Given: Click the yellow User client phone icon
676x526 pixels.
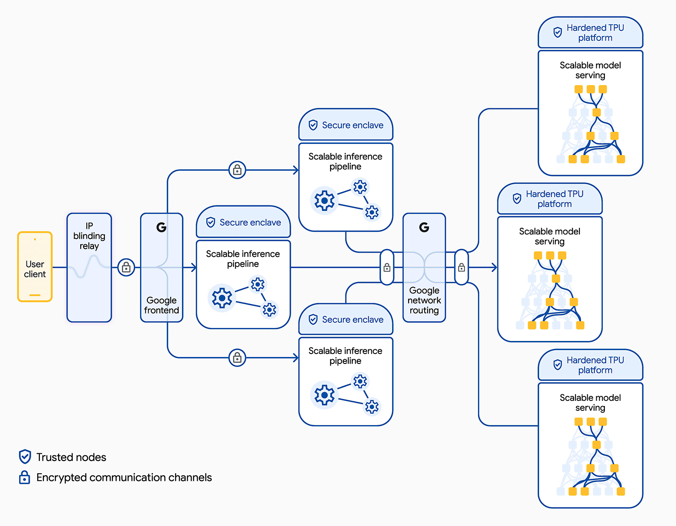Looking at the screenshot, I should (35, 267).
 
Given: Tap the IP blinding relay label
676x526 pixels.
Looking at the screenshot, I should (89, 236).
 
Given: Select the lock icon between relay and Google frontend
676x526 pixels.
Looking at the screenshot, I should (126, 267).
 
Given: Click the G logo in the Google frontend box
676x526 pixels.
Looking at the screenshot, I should (161, 227).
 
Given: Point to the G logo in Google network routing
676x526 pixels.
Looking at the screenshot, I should (424, 227).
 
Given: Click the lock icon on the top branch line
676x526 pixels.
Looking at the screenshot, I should (237, 170).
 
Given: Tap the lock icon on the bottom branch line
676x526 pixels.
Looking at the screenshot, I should (237, 357).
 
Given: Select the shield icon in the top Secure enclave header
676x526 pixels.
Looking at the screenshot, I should (313, 125).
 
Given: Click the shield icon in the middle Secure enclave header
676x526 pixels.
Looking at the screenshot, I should (211, 222).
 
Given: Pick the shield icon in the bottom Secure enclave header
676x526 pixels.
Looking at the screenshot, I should (313, 319).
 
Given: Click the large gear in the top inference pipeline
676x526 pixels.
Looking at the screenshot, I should (324, 201).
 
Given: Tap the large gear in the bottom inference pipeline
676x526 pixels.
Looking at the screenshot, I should (324, 395).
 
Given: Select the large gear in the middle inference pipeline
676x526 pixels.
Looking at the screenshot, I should (222, 298).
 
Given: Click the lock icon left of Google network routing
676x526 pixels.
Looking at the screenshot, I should (387, 267).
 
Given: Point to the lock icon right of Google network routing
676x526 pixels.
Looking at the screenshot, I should (461, 267).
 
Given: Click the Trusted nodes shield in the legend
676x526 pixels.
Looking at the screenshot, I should (25, 457).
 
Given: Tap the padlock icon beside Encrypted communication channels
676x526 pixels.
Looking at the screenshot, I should (25, 477).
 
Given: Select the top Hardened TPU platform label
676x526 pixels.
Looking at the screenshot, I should (595, 32).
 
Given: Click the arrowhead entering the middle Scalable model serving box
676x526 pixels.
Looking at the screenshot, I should (494, 267).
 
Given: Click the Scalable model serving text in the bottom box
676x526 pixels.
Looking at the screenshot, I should (590, 403).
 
